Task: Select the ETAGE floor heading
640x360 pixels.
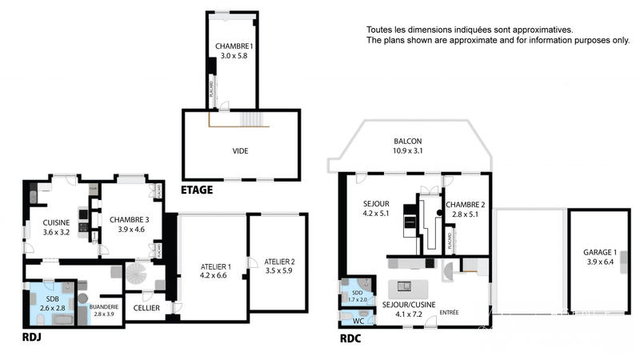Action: tap(196, 190)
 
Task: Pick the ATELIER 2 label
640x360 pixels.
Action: tap(280, 262)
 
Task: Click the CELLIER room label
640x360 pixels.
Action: tap(146, 307)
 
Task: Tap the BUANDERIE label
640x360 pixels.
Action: tap(104, 306)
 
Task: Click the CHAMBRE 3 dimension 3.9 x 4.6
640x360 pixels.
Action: tap(129, 230)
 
